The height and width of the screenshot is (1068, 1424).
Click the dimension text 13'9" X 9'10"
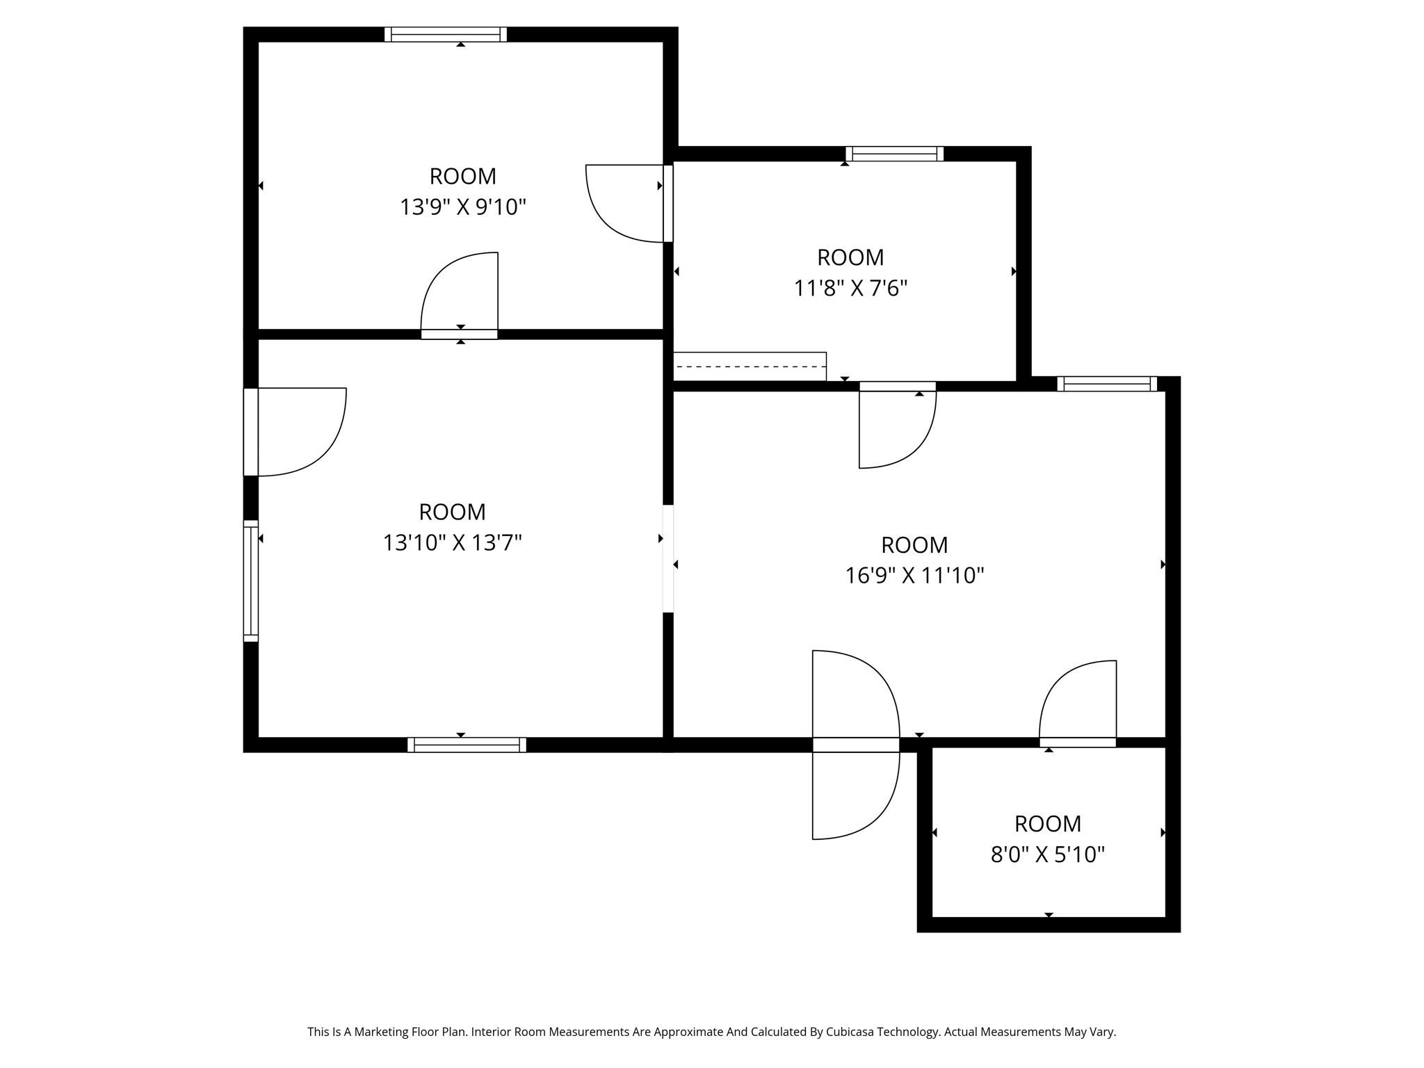click(x=462, y=207)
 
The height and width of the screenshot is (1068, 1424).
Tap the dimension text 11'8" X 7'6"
click(x=850, y=288)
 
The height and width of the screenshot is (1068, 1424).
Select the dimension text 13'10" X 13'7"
click(x=452, y=542)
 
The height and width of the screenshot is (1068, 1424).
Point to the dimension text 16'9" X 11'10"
click(x=914, y=576)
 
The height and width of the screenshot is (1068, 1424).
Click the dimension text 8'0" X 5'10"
click(x=1047, y=854)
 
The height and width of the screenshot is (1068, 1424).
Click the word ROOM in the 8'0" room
click(x=1047, y=823)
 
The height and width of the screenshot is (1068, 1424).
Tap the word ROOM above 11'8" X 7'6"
click(x=850, y=257)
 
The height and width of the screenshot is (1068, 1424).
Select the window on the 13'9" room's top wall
click(x=446, y=35)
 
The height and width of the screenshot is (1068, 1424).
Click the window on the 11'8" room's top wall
click(x=894, y=154)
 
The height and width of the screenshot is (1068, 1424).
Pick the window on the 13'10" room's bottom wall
click(x=467, y=745)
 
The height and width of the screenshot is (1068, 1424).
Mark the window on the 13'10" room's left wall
click(x=250, y=581)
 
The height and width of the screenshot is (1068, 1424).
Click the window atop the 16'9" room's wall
click(x=1107, y=384)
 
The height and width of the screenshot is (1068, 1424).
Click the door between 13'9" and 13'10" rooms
click(x=460, y=296)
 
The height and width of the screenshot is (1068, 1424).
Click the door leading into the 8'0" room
click(x=1078, y=702)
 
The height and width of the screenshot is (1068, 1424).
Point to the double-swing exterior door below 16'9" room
click(x=855, y=745)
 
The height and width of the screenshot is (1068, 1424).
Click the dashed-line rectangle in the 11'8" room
click(x=750, y=366)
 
